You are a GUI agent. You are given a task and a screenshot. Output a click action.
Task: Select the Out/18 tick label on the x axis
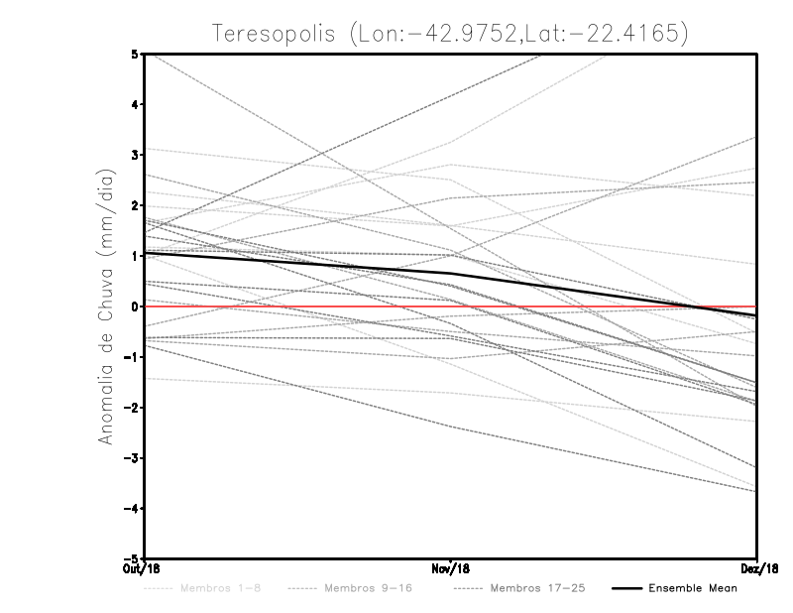(x=141, y=569)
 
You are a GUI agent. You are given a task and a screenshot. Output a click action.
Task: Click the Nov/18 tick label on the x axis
(x=450, y=569)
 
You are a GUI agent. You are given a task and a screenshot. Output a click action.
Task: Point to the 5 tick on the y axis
(x=134, y=54)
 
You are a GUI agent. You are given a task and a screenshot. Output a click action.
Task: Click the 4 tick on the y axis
(x=134, y=104)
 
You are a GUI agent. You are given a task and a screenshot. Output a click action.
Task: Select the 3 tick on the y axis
(x=134, y=155)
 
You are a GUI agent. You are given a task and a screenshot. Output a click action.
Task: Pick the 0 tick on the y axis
(x=134, y=306)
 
